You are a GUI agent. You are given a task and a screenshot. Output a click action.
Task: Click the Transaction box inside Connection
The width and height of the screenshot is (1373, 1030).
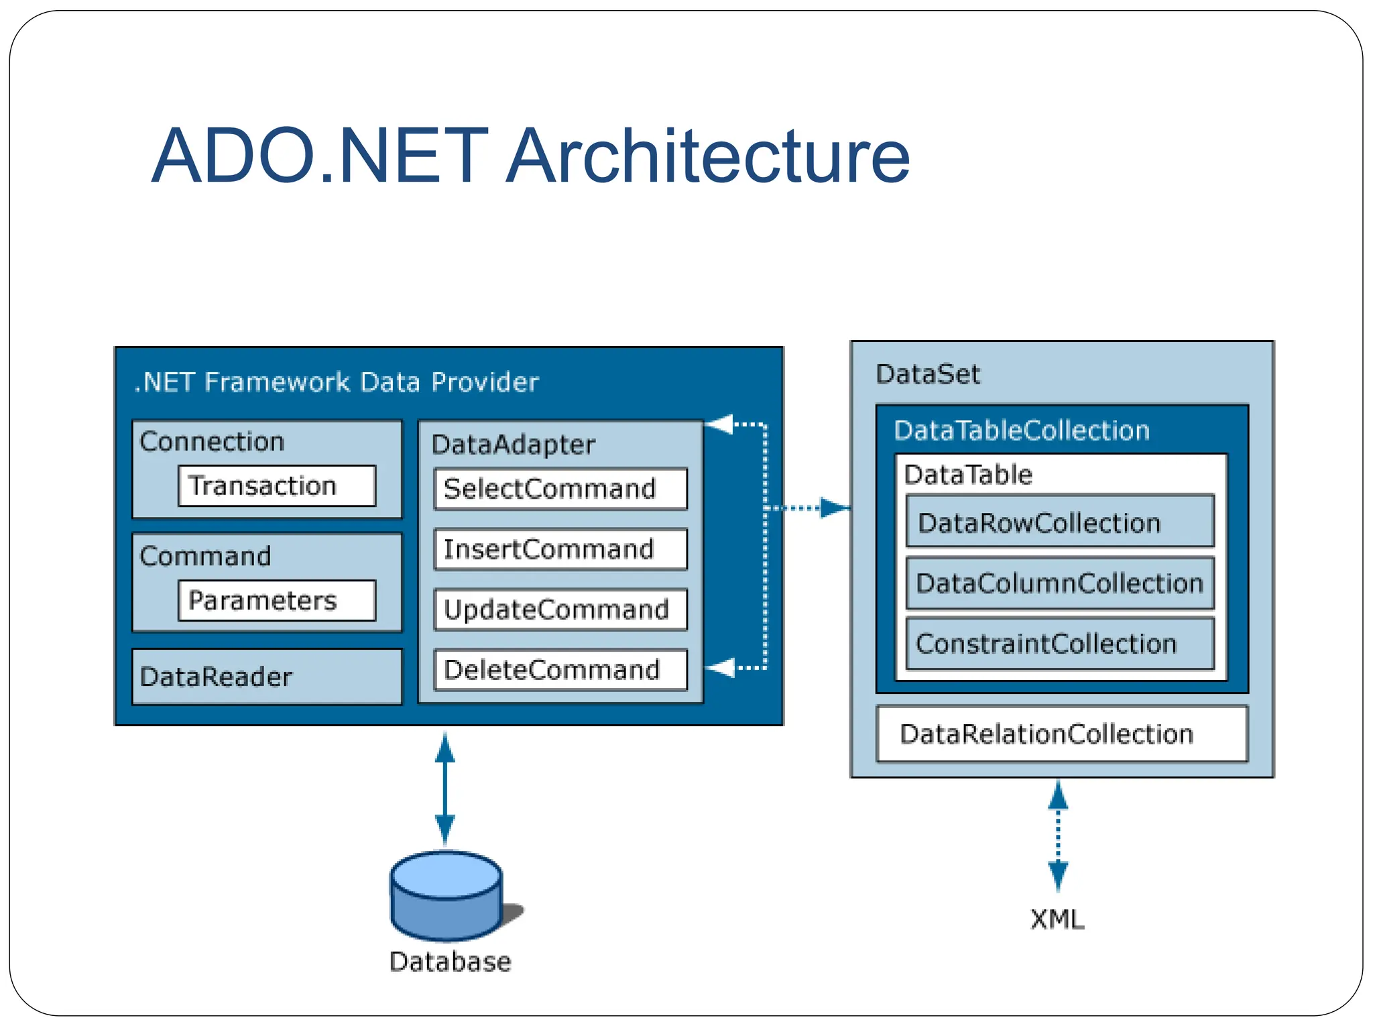click(x=277, y=485)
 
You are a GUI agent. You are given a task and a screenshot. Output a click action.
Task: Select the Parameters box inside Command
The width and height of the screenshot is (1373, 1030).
click(x=277, y=600)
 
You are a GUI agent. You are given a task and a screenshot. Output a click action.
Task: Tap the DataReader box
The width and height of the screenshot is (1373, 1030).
click(x=267, y=677)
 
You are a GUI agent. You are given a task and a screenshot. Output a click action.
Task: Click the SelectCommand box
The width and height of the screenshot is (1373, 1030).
click(x=560, y=489)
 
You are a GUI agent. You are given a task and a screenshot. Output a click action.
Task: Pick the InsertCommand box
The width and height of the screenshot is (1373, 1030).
click(x=560, y=549)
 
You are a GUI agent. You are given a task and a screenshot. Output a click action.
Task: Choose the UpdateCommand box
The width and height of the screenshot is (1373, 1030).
click(x=560, y=610)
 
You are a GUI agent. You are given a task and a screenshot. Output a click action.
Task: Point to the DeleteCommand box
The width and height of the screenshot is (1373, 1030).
click(x=560, y=669)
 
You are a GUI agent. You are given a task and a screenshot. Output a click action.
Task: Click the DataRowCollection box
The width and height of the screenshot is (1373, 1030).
click(x=1059, y=522)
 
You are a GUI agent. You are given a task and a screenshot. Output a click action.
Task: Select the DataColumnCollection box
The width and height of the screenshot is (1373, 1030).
click(x=1059, y=583)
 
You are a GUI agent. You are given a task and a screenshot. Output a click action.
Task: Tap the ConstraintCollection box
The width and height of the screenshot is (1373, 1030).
click(x=1059, y=644)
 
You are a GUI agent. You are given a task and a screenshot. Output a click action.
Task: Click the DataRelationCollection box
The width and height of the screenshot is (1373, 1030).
click(x=1061, y=734)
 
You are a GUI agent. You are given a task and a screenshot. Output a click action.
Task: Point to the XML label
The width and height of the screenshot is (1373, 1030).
click(x=1057, y=919)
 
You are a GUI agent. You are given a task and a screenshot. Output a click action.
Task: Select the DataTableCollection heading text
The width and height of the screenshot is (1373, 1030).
click(x=1021, y=431)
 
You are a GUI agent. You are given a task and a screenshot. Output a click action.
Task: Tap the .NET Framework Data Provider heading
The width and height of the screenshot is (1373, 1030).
click(x=337, y=382)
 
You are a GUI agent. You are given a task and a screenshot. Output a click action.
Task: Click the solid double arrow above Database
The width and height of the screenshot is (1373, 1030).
click(x=445, y=788)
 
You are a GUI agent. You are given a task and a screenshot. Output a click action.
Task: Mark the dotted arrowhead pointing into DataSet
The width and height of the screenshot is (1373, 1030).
click(x=835, y=508)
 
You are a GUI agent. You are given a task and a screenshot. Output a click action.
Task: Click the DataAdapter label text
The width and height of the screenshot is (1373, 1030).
click(x=513, y=445)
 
